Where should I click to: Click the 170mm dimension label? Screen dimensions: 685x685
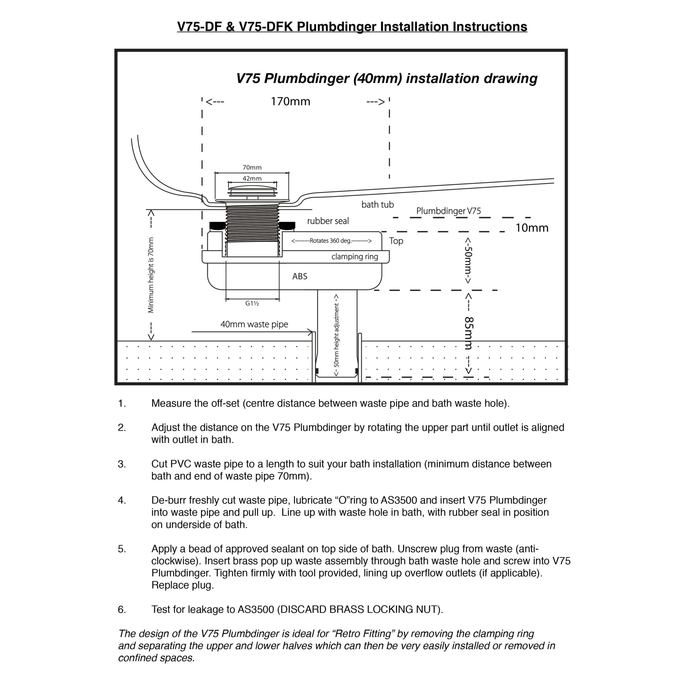290,102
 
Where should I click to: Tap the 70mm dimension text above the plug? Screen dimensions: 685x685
252,167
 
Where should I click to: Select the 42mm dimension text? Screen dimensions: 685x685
252,178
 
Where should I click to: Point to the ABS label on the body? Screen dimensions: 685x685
300,276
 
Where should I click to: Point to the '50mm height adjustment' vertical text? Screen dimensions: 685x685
336,335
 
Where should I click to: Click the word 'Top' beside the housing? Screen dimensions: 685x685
396,241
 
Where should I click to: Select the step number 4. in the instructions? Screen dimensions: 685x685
122,500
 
